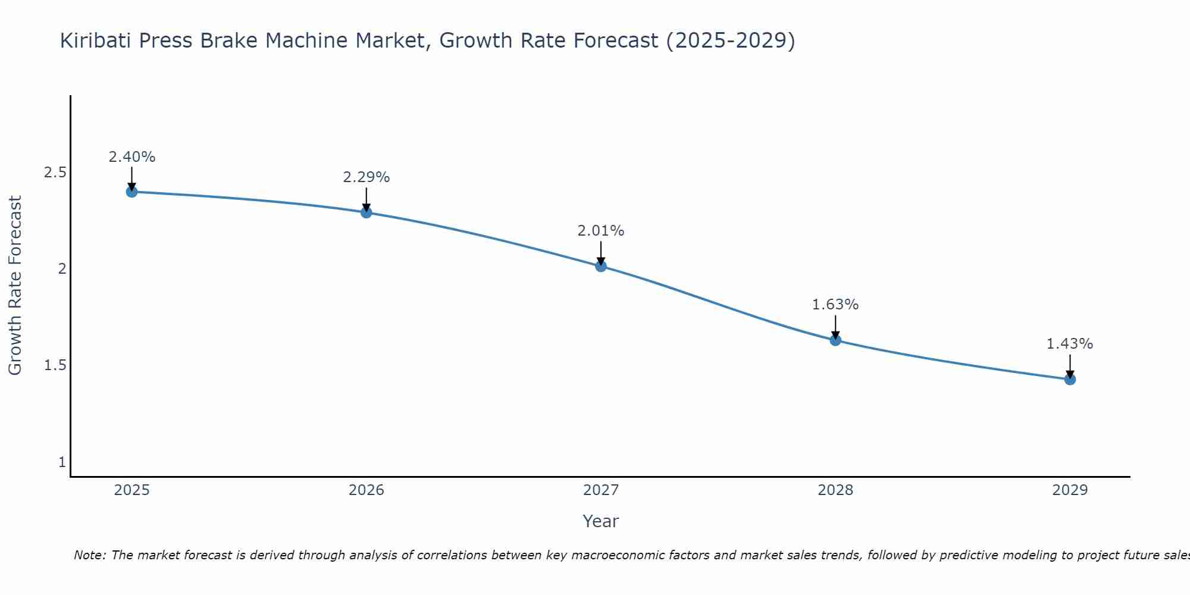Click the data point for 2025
131,192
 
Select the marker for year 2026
367,212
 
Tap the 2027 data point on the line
601,266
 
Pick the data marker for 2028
835,340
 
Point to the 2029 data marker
1070,379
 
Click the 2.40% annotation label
131,157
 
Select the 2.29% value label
367,177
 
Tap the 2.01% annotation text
601,231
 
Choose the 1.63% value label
835,305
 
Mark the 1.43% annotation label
1070,344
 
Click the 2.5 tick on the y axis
55,173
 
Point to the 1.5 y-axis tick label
55,365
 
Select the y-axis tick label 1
62,462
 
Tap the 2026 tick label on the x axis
367,490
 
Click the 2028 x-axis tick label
835,490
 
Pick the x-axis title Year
601,521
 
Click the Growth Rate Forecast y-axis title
15,286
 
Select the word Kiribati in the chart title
96,40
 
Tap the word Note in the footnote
89,555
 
